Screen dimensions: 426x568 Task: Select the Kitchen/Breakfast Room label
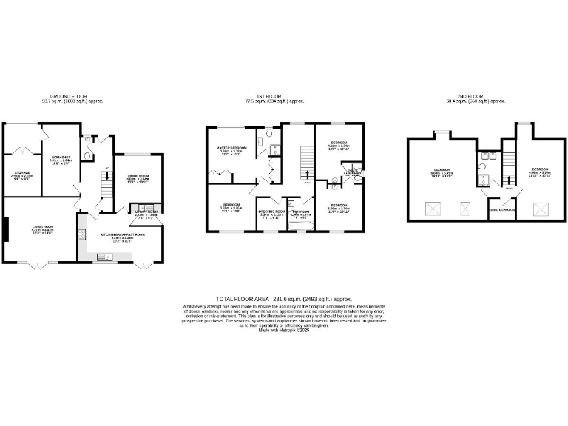coord(123,237)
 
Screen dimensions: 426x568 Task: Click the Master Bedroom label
coord(231,150)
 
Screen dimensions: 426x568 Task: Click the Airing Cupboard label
coord(502,209)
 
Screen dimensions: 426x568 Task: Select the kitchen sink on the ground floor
coord(104,257)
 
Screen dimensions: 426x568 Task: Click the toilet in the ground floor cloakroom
coord(89,157)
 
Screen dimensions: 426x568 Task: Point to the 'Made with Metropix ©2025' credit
coord(284,331)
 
